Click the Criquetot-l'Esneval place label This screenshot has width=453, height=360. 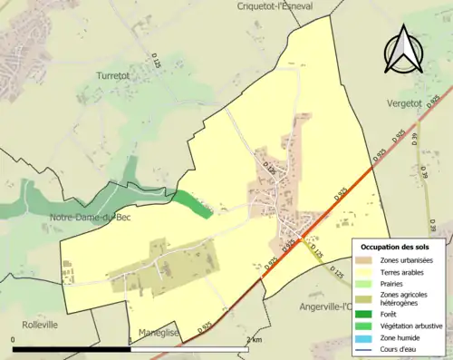click(275, 5)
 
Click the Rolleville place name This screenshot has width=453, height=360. click(38, 324)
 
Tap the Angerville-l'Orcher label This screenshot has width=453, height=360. click(324, 306)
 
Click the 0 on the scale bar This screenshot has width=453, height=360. click(13, 339)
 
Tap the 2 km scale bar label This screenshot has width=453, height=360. click(255, 339)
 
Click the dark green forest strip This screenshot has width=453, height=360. click(194, 203)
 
